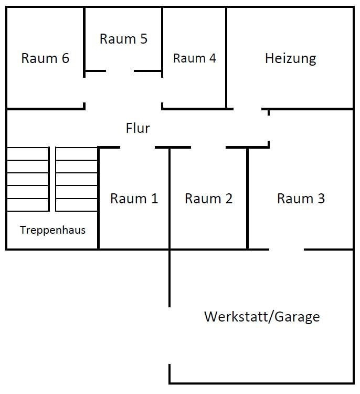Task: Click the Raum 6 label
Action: click(45, 58)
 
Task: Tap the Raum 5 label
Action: click(123, 39)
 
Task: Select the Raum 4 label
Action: click(194, 58)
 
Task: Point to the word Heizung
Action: click(290, 58)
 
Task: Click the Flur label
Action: click(138, 128)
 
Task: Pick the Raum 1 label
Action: click(134, 199)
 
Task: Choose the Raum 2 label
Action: click(208, 199)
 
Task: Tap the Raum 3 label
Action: click(301, 199)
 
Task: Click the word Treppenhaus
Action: click(52, 230)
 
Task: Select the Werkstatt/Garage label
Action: click(262, 317)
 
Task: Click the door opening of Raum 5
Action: click(120, 71)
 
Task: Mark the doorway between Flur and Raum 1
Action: click(137, 148)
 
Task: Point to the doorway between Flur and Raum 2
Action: click(208, 148)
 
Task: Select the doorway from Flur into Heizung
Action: click(248, 109)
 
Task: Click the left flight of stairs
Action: click(27, 179)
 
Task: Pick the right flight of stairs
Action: click(77, 179)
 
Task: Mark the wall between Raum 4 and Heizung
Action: click(227, 58)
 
